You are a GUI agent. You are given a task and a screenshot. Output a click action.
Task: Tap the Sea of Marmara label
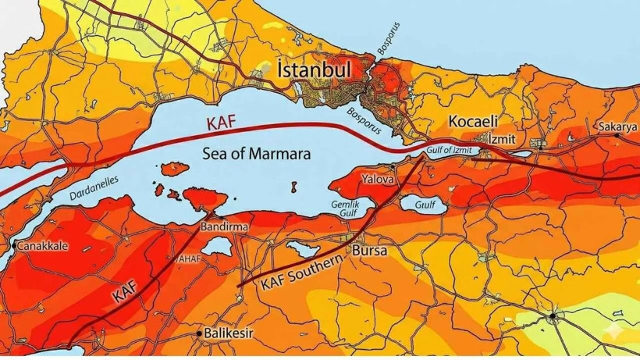click(256, 154)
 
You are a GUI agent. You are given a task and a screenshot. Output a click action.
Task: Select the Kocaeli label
click(473, 122)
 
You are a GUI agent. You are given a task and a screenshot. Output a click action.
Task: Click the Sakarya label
click(618, 127)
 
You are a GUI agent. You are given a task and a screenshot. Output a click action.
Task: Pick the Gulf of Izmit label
click(451, 151)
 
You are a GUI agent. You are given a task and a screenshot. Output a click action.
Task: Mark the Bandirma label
click(225, 226)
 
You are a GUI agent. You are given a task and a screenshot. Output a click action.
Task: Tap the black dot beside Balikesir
click(198, 333)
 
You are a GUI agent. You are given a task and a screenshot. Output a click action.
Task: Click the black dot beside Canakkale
click(13, 246)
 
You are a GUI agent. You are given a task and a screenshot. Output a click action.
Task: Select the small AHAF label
click(190, 258)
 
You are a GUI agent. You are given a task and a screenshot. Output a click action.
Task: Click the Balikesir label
click(229, 333)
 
